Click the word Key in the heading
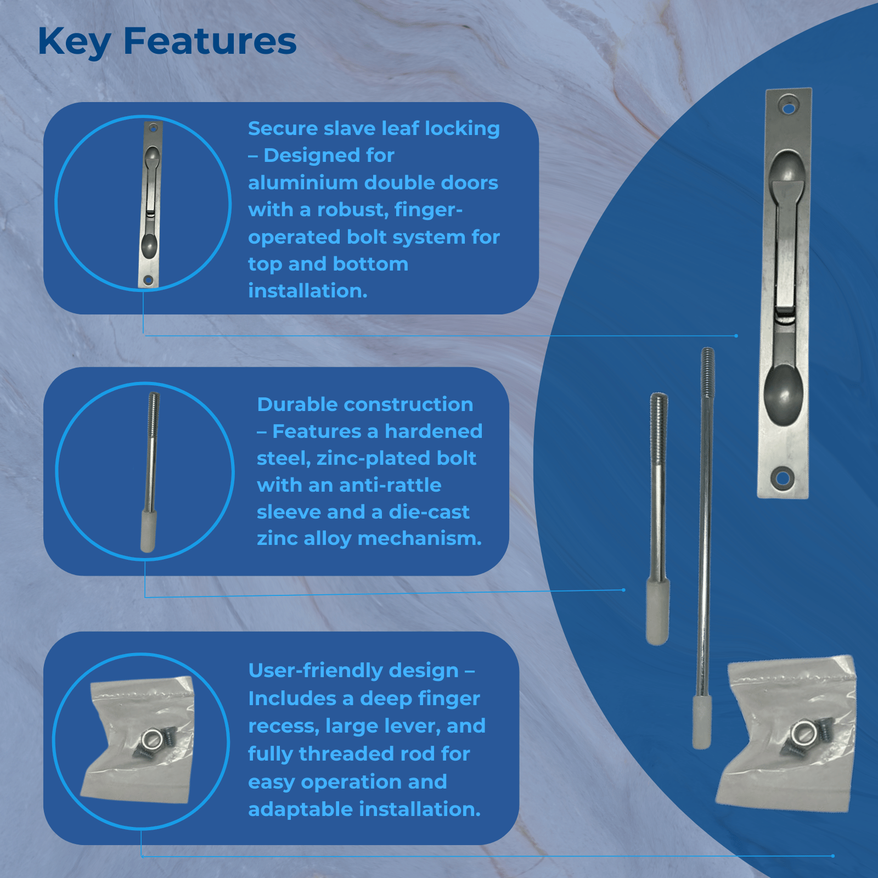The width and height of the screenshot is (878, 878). [x=74, y=42]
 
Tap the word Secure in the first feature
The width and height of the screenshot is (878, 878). [x=283, y=128]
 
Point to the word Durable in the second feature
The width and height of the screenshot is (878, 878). [x=297, y=404]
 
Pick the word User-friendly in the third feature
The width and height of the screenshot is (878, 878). [x=353, y=671]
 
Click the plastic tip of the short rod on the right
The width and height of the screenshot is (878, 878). [x=657, y=611]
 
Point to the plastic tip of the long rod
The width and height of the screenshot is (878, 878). [x=702, y=722]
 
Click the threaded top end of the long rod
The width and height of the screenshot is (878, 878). [x=708, y=373]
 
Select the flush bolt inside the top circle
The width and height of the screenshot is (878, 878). [x=150, y=204]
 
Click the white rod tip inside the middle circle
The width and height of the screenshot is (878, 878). [x=148, y=531]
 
